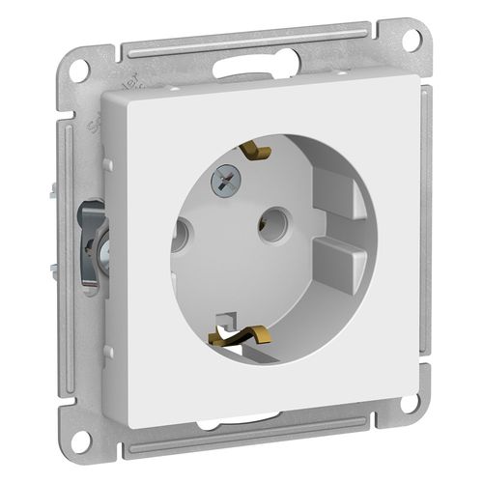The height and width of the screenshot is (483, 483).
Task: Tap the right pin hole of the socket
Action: point(269,224)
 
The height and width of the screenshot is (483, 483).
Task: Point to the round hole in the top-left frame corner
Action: point(81,69)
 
